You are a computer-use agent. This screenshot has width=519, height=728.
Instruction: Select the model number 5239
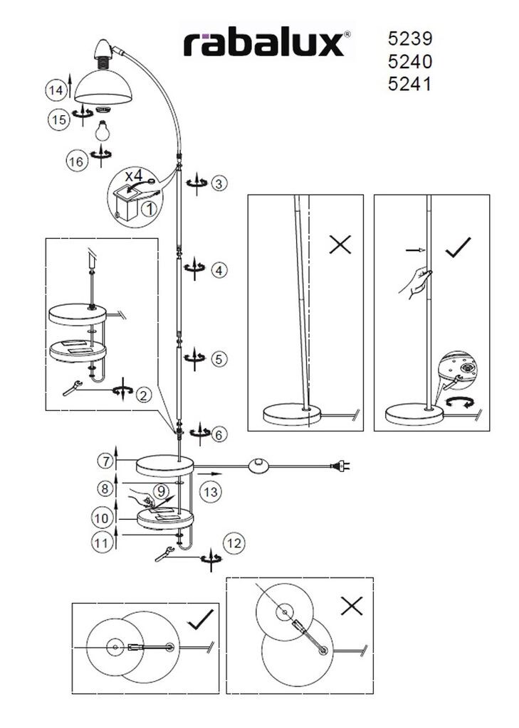[409, 38]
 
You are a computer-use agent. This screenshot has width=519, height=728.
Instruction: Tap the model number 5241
[409, 84]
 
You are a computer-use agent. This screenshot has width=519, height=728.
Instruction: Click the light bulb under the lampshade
[103, 130]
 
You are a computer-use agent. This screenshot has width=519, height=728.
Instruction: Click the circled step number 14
[56, 90]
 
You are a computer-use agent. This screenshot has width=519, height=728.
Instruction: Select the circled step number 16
[76, 161]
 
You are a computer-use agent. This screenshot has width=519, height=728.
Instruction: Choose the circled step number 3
[219, 183]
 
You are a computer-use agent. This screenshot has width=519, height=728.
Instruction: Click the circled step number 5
[219, 359]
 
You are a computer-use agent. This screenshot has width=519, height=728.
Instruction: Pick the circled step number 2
[144, 395]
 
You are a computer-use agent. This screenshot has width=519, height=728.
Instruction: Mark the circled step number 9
[160, 490]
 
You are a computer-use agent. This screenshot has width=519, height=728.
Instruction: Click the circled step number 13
[211, 492]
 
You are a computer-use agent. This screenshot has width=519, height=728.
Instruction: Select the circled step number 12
[234, 542]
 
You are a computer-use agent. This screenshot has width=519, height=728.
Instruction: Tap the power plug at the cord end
[340, 465]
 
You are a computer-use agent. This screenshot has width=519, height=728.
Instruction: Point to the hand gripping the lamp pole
[415, 282]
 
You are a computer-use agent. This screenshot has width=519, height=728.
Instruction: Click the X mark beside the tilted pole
[340, 244]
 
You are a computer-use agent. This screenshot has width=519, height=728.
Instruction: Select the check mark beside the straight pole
[458, 247]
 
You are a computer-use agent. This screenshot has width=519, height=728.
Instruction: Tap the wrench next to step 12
[164, 554]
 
